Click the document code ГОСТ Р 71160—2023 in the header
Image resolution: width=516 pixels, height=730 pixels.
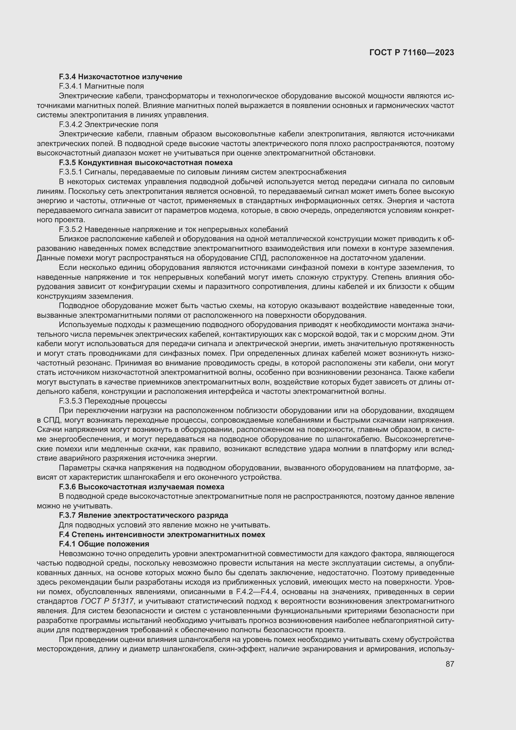[412, 52]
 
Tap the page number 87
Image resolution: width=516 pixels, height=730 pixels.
[450, 664]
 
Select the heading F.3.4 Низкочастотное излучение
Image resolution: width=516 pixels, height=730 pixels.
[120, 77]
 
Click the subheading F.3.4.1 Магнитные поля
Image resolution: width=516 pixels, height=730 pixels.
[101, 86]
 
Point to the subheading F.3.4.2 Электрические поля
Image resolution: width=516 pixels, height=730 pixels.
[108, 124]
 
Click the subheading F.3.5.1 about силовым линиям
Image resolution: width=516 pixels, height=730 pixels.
[202, 172]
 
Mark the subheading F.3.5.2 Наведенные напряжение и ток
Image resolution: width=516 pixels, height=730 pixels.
[173, 229]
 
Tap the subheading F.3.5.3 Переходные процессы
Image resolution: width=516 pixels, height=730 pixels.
[113, 401]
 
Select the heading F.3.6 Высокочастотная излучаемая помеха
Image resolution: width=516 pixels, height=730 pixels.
[141, 487]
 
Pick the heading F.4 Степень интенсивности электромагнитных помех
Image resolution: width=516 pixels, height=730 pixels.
[162, 534]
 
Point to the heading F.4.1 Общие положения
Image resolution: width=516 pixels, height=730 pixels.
[104, 544]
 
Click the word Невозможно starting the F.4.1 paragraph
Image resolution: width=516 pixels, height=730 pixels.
[80, 554]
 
